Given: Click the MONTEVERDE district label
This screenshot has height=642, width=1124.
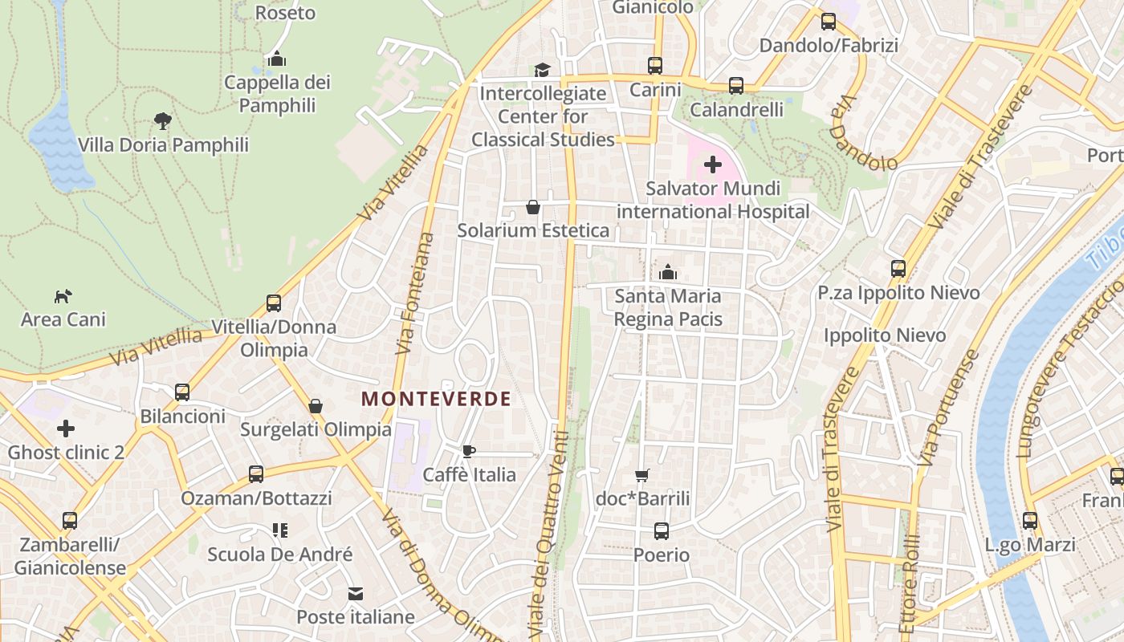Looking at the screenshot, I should pyautogui.click(x=436, y=399).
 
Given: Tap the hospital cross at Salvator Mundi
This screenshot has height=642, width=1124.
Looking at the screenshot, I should pyautogui.click(x=712, y=165).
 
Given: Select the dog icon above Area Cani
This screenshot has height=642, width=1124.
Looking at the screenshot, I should pyautogui.click(x=63, y=297).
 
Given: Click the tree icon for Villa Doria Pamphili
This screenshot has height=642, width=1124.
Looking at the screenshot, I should pyautogui.click(x=163, y=121).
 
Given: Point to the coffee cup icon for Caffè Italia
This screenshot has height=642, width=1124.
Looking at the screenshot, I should pyautogui.click(x=469, y=452).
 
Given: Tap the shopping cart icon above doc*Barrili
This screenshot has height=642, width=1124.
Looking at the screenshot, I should pyautogui.click(x=641, y=476).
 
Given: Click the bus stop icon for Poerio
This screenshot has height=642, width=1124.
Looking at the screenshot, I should pyautogui.click(x=661, y=531).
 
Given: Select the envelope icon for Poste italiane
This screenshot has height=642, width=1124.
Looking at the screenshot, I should pyautogui.click(x=355, y=594).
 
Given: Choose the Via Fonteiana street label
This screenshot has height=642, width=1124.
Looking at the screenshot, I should pyautogui.click(x=415, y=294).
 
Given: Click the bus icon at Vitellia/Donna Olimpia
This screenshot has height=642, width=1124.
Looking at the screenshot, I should pyautogui.click(x=274, y=303).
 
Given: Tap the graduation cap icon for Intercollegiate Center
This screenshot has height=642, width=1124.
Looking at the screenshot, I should pyautogui.click(x=543, y=70).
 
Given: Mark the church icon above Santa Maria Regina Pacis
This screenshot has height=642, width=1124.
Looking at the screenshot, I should pyautogui.click(x=667, y=273).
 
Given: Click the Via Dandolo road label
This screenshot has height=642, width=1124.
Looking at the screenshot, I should pyautogui.click(x=863, y=135).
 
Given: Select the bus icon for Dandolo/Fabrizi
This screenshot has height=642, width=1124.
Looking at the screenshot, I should pyautogui.click(x=829, y=22).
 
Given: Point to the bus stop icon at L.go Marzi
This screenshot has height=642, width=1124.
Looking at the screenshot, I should pyautogui.click(x=1030, y=521).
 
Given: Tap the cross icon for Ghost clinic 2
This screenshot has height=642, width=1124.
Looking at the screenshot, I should pyautogui.click(x=66, y=429).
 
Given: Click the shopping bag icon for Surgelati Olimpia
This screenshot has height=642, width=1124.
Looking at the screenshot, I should pyautogui.click(x=316, y=406).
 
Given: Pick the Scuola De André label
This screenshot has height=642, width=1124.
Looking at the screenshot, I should pyautogui.click(x=280, y=555).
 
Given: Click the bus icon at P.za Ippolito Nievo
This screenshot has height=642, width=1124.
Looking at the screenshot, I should pyautogui.click(x=898, y=269).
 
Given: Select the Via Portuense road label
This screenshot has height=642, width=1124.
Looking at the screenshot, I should pyautogui.click(x=950, y=409).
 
